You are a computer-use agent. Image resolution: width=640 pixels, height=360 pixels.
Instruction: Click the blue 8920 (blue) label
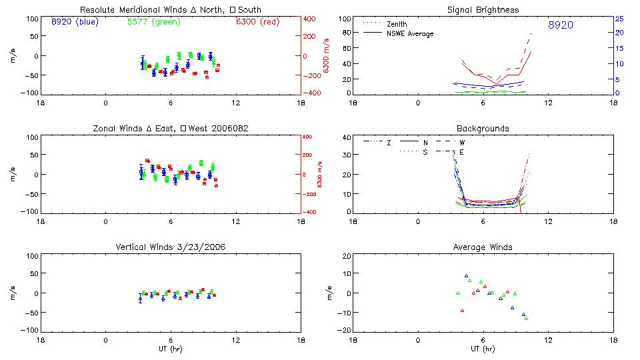click(x=74, y=21)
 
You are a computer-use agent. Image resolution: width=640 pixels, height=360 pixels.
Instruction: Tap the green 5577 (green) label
click(x=153, y=21)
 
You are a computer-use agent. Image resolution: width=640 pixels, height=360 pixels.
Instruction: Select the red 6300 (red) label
click(x=257, y=21)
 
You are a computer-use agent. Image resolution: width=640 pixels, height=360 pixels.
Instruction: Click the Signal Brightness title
click(x=483, y=10)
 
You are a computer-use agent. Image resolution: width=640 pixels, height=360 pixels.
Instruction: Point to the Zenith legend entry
click(x=397, y=24)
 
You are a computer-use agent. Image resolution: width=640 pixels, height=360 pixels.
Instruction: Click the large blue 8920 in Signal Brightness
click(x=560, y=25)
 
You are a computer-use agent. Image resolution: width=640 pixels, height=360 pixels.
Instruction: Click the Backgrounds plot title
click(x=483, y=128)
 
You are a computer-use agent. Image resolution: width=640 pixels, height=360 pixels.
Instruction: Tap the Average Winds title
click(x=483, y=247)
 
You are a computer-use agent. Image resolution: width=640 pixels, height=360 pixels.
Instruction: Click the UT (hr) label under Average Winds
click(x=483, y=349)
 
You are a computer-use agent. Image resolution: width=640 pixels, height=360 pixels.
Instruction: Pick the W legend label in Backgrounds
click(x=463, y=143)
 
